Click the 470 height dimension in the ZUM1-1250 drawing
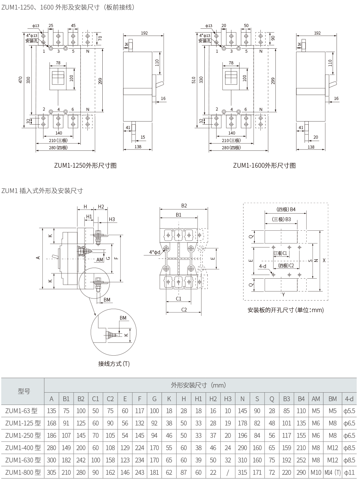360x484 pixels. pyautogui.click(x=20, y=80)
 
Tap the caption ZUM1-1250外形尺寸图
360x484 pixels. pyautogui.click(x=85, y=165)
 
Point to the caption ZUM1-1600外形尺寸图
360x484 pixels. pyautogui.click(x=265, y=165)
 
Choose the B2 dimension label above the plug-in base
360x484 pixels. pyautogui.click(x=184, y=206)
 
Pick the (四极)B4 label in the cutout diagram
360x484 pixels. pyautogui.click(x=286, y=209)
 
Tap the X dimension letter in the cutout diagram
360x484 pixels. pyautogui.click(x=324, y=260)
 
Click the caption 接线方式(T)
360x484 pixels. pyautogui.click(x=114, y=364)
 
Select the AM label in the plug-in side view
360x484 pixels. pyautogui.click(x=100, y=260)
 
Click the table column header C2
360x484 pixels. pyautogui.click(x=110, y=399)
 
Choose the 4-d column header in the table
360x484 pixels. pyautogui.click(x=349, y=399)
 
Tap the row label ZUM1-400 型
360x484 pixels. pyautogui.click(x=23, y=448)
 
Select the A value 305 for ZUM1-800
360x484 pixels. pyautogui.click(x=51, y=472)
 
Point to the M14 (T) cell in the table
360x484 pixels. pyautogui.click(x=333, y=472)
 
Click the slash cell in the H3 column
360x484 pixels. pyautogui.click(x=228, y=472)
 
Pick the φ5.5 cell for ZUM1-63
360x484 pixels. pyautogui.click(x=349, y=411)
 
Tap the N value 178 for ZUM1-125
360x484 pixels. pyautogui.click(x=242, y=423)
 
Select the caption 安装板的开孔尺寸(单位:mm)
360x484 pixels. pyautogui.click(x=286, y=310)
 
